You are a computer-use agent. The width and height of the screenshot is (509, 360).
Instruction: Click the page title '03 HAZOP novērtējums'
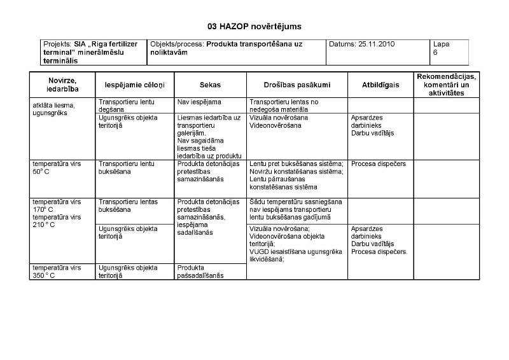254,27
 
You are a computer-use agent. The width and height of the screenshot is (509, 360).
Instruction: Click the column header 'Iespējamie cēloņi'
133,84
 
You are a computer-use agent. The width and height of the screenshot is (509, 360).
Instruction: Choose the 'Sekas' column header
210,84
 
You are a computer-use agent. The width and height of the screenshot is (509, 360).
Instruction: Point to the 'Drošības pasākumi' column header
296,84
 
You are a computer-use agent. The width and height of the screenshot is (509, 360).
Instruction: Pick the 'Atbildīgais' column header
380,84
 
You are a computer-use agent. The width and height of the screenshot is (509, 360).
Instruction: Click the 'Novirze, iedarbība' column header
62,84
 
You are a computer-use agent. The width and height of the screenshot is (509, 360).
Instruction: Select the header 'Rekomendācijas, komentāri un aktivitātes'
446,84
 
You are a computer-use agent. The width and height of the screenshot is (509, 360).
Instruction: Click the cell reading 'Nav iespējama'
199,101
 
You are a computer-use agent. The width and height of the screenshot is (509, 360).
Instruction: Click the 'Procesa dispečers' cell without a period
378,163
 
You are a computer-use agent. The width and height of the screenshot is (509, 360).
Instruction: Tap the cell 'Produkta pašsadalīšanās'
200,272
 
